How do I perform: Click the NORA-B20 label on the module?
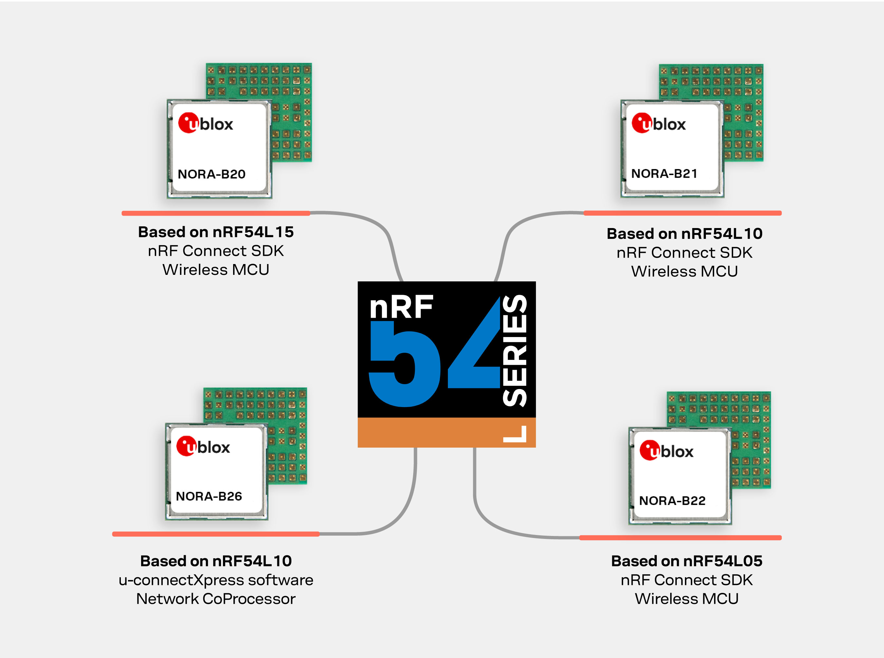pyautogui.click(x=211, y=174)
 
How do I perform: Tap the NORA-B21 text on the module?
pyautogui.click(x=664, y=174)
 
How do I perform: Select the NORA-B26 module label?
pyautogui.click(x=209, y=496)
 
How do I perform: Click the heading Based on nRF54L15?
pyautogui.click(x=216, y=232)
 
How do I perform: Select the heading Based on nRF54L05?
pyautogui.click(x=686, y=561)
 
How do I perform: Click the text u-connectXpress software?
pyautogui.click(x=216, y=580)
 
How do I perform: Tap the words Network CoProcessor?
pyautogui.click(x=216, y=599)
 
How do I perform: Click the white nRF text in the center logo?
pyautogui.click(x=401, y=307)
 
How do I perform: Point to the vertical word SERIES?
pyautogui.click(x=515, y=350)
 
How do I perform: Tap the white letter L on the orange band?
pyautogui.click(x=515, y=434)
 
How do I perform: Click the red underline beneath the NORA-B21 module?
pyautogui.click(x=682, y=213)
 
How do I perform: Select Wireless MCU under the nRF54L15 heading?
pyautogui.click(x=216, y=270)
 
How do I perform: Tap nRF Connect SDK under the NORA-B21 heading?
pyautogui.click(x=684, y=253)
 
